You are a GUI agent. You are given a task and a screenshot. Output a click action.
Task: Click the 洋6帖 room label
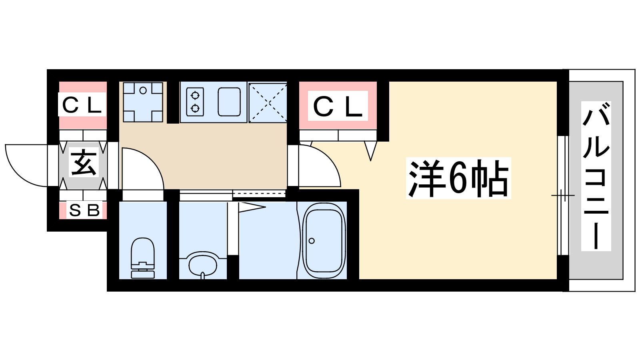click(458, 178)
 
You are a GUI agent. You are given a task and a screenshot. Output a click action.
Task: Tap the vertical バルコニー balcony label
click(596, 176)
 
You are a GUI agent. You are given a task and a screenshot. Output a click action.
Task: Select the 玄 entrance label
click(83, 163)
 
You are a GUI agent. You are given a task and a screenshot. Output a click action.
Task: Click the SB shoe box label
click(84, 210)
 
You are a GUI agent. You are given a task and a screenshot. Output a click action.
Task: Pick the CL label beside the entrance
click(82, 105)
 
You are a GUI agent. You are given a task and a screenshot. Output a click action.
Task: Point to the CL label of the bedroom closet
click(338, 106)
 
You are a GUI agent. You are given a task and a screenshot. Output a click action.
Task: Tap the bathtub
click(324, 240)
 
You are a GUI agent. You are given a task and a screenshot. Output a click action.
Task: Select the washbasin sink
click(202, 264)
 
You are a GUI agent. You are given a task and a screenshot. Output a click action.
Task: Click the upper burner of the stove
click(195, 95)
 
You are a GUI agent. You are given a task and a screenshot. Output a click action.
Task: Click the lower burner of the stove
click(195, 108)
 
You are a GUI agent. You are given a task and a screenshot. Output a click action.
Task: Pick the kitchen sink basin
click(229, 102)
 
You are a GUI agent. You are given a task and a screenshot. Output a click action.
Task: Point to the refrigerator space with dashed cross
click(268, 102)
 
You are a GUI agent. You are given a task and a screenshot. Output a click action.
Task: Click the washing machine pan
click(143, 102)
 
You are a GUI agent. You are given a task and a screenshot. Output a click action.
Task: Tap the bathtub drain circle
click(312, 241)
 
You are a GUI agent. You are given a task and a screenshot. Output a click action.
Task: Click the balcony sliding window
click(563, 195)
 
